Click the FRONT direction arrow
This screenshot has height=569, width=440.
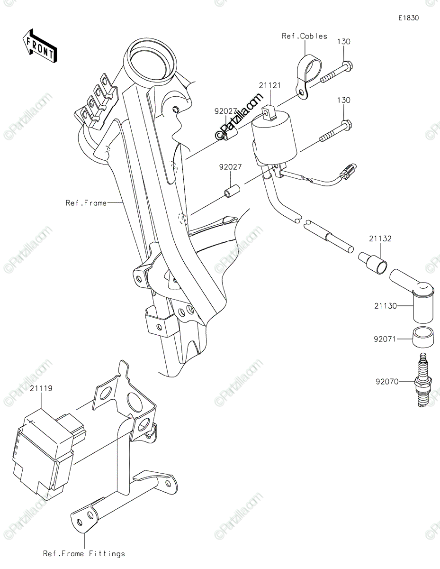pos(39,46)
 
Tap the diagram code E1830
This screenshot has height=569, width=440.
pos(408,18)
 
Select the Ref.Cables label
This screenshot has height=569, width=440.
pos(305,36)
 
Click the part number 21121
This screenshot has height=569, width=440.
pos(270,85)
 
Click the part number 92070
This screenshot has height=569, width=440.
pos(387,382)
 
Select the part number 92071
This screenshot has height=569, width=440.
pos(385,339)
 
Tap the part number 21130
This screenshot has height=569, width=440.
pos(386,306)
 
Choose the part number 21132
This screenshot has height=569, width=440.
pos(380,239)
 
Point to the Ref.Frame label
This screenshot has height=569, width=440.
pos(86,203)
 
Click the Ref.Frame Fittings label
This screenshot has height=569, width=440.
pos(84,554)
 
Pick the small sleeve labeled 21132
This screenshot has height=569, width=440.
pos(373,263)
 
